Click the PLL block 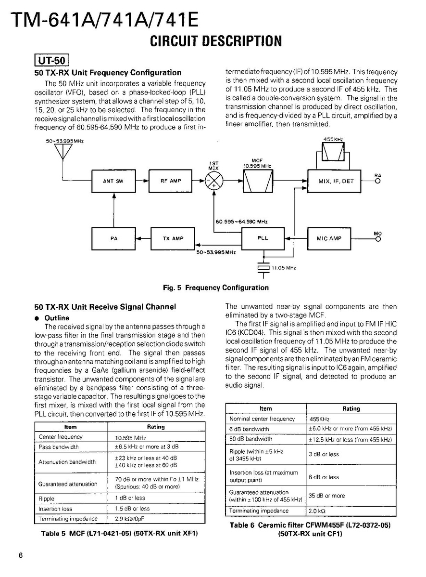click(263, 238)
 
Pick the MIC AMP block click(329, 238)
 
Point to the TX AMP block click(174, 238)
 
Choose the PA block click(114, 238)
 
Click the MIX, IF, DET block click(335, 182)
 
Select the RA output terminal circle click(378, 182)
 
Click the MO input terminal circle click(378, 238)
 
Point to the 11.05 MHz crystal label click(284, 268)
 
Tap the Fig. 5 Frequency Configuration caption click(216, 288)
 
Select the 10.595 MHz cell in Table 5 click(130, 438)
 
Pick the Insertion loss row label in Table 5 click(56, 509)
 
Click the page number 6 click(21, 555)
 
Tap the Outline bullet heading click(57, 318)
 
